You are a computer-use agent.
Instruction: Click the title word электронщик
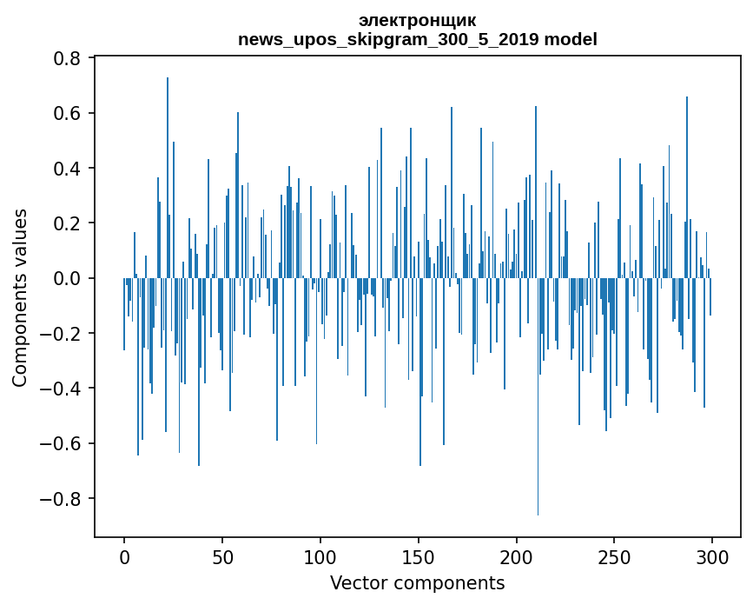(x=417, y=21)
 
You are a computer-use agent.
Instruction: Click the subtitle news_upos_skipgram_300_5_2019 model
(x=417, y=39)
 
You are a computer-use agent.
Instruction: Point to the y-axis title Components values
(x=20, y=297)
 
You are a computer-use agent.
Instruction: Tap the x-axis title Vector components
(x=417, y=583)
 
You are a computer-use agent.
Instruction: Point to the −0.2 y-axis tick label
(x=62, y=334)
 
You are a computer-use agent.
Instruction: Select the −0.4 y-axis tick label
(x=62, y=389)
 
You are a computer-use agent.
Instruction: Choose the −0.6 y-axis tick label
(x=62, y=443)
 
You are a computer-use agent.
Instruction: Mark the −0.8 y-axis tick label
(x=62, y=499)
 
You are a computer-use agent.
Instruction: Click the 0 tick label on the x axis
(x=124, y=555)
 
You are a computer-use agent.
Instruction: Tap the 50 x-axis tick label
(x=222, y=555)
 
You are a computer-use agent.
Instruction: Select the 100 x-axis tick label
(x=320, y=555)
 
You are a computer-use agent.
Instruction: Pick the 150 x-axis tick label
(x=419, y=555)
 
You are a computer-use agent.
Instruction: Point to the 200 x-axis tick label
(x=517, y=555)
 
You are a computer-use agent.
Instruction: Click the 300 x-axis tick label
(x=712, y=555)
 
